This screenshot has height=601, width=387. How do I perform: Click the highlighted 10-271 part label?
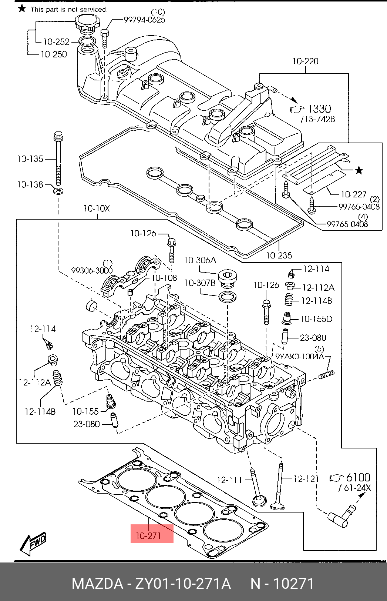click(x=148, y=535)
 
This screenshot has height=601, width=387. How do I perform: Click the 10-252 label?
click(x=56, y=41)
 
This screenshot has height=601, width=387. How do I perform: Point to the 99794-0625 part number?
click(x=144, y=20)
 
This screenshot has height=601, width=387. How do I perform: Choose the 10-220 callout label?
click(x=305, y=61)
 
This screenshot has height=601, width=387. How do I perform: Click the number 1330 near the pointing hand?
click(x=319, y=108)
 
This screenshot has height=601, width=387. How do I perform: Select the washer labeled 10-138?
click(x=58, y=191)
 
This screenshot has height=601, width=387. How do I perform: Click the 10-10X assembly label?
click(x=97, y=208)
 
